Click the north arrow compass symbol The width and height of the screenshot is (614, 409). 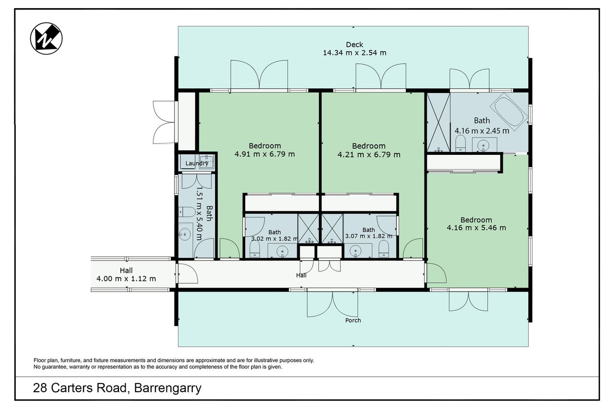tap(46, 38)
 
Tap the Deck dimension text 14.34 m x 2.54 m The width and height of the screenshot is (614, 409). tap(354, 53)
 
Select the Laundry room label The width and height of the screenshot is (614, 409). tap(197, 164)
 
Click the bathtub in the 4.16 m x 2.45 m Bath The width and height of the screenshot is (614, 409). tap(509, 112)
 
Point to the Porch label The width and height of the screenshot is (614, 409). tap(353, 320)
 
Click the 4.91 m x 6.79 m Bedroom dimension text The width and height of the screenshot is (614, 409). tap(264, 154)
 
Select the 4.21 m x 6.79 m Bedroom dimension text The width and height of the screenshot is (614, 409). tap(369, 155)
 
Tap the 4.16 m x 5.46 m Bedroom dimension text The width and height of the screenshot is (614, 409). tap(476, 228)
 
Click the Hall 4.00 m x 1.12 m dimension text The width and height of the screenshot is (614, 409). tap(126, 279)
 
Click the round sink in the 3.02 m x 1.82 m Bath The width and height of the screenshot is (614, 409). tap(282, 251)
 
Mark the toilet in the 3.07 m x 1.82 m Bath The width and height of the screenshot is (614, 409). tap(383, 249)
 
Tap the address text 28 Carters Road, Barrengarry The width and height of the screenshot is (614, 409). tap(117, 388)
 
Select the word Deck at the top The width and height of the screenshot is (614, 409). tap(354, 45)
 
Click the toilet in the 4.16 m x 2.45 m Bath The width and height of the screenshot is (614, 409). tap(460, 143)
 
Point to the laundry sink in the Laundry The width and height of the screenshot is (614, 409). tap(206, 162)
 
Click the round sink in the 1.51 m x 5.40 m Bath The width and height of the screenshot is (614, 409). tap(185, 234)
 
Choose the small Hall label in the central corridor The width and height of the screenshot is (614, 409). tap(301, 275)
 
